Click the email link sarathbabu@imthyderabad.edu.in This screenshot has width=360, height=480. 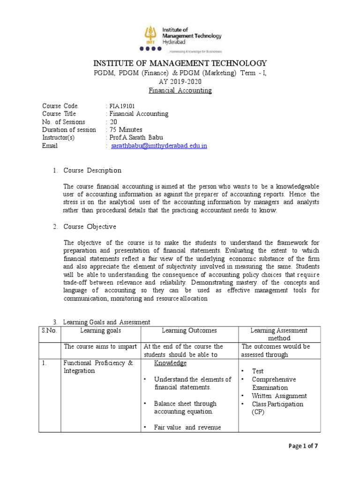coord(159,146)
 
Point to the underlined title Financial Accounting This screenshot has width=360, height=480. coord(180,90)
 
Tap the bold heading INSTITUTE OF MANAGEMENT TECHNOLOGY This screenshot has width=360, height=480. coord(180,63)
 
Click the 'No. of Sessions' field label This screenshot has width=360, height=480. coord(64,122)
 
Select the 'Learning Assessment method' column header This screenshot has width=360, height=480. coord(279,334)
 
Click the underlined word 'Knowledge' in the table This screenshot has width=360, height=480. coord(170,363)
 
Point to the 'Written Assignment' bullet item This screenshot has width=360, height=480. coord(279,396)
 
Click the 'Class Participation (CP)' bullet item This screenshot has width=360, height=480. coord(277,408)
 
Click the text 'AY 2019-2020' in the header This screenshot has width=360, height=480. coord(180,81)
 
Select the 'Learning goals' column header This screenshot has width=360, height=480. coord(100,330)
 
